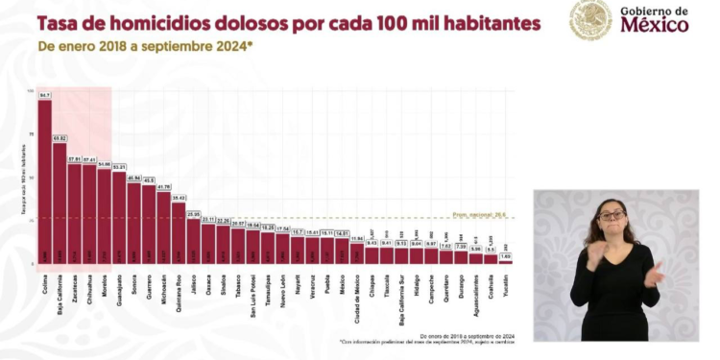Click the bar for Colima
[45, 182]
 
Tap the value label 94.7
[45, 95]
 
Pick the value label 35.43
[179, 197]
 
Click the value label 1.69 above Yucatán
[506, 256]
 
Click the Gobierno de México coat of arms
[589, 20]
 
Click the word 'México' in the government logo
[655, 26]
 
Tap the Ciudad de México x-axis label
[357, 285]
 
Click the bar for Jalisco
[194, 240]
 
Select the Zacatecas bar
[75, 213]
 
